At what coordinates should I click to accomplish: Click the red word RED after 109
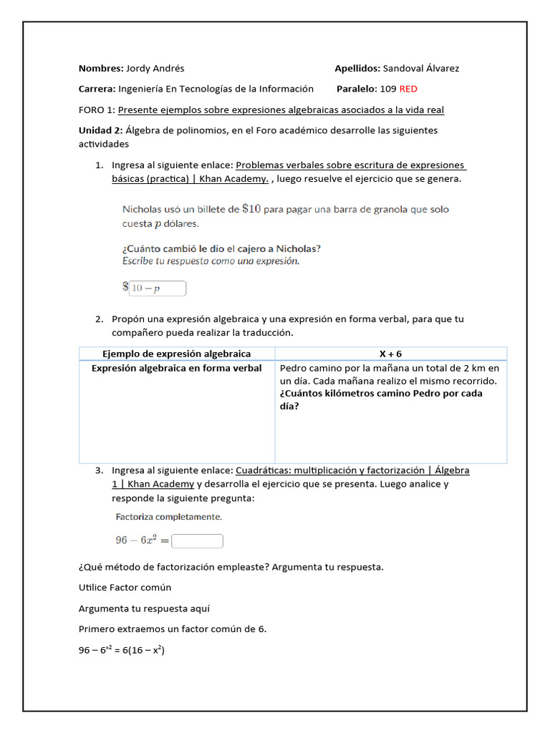pos(408,89)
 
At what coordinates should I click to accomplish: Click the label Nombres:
pos(101,69)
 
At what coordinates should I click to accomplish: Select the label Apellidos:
pos(357,69)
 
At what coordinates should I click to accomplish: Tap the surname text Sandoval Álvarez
pos(421,69)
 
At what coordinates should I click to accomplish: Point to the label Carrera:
pos(97,89)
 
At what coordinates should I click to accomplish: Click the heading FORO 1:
pos(97,110)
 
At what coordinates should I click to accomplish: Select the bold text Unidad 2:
pos(100,130)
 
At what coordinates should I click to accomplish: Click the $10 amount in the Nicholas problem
pos(251,209)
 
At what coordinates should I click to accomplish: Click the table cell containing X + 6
pos(391,354)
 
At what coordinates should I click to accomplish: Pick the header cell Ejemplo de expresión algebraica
pos(177,354)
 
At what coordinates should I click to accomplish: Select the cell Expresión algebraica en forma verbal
pos(177,368)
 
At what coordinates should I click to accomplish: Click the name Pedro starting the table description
pos(294,368)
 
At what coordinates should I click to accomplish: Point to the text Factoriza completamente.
pos(168,516)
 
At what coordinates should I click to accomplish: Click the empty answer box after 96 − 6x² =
pos(198,541)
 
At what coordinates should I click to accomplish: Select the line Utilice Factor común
pos(125,588)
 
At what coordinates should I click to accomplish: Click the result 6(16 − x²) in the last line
pos(143,650)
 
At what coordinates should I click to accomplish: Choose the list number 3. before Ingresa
pos(100,470)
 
